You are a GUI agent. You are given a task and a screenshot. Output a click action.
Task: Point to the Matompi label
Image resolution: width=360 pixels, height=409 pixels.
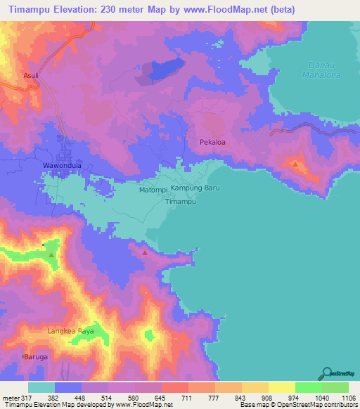(153, 189)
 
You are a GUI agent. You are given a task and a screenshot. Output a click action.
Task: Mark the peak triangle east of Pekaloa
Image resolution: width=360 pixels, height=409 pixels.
(295, 164)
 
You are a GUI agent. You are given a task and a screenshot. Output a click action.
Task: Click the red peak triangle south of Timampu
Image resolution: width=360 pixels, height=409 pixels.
(145, 252)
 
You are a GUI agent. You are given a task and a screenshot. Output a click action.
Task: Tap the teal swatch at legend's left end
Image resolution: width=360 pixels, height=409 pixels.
(41, 387)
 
